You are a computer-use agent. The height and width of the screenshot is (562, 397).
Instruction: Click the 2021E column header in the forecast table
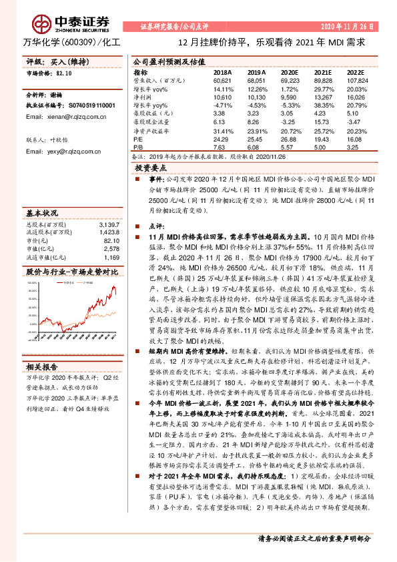coord(323,72)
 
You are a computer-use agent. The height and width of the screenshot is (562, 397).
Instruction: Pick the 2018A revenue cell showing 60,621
coord(222,80)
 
